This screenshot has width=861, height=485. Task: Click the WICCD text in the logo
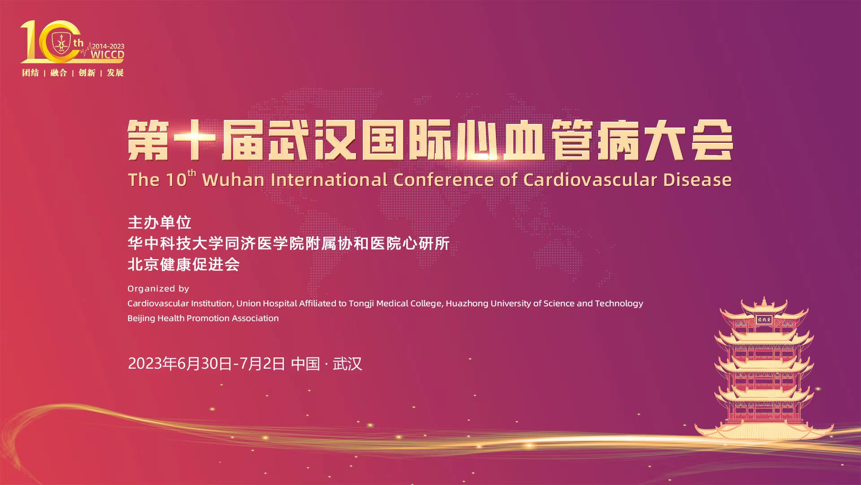point(108,55)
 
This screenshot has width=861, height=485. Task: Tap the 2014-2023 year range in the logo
point(108,46)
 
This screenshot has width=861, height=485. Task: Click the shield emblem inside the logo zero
point(61,43)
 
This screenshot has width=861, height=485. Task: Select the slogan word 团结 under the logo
point(30,73)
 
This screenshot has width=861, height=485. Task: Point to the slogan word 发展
point(115,73)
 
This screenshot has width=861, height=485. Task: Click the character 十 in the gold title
point(195,140)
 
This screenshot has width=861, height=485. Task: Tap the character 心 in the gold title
point(477,140)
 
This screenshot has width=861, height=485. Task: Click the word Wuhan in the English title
point(233,180)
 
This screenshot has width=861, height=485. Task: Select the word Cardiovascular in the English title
point(590,180)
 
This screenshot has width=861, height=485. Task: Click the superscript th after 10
point(192,173)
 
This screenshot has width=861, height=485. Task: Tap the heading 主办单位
point(160,223)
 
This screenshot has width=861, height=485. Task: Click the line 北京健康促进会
point(184,265)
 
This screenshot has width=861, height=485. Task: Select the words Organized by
point(158,289)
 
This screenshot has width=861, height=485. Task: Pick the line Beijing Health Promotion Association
point(203,318)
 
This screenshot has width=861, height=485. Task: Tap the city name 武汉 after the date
point(347,364)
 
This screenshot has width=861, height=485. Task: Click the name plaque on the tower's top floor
point(764,320)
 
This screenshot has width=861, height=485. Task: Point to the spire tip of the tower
point(763,297)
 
